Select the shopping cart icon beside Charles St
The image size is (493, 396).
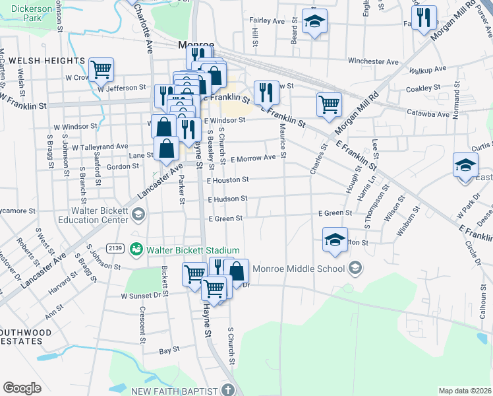328,103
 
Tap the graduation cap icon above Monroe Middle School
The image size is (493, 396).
335,239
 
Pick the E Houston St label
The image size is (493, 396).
227,180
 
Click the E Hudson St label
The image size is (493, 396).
227,199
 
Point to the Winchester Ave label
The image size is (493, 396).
374,61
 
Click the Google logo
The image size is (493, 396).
22,387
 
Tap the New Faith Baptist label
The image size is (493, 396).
174,391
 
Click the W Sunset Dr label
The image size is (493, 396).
141,296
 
